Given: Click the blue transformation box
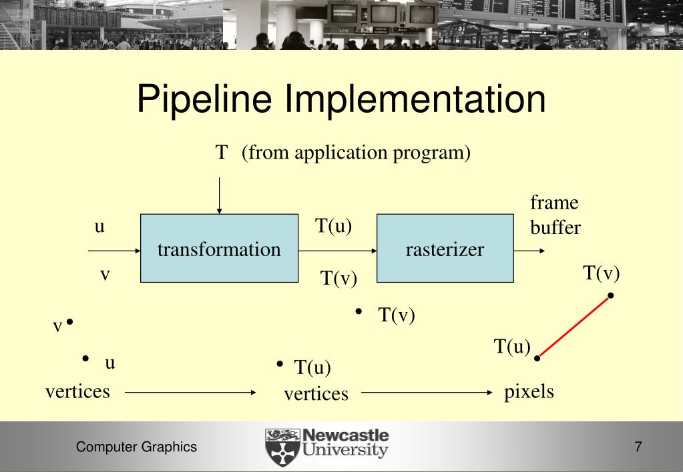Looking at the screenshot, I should point(219,249).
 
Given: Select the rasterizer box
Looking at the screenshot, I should point(445,249).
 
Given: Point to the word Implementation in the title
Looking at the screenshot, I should point(415,99).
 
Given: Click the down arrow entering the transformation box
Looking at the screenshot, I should point(219,193).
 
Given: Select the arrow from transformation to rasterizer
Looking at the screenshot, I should point(338,251).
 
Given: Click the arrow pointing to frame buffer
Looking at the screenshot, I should point(530,251).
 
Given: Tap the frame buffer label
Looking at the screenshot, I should point(555,215).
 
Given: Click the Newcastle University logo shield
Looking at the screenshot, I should point(282,447).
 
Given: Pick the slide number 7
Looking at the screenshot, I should point(638,447).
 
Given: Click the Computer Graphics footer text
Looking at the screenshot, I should point(136,447).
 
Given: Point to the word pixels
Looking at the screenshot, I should point(529,391).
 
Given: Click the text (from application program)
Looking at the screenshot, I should point(356,153).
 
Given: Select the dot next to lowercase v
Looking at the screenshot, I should point(69,323).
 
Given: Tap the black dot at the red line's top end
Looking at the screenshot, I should point(610,295).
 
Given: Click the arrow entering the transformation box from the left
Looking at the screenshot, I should point(114,251).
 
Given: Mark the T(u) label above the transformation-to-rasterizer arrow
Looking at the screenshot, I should point(333,227).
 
